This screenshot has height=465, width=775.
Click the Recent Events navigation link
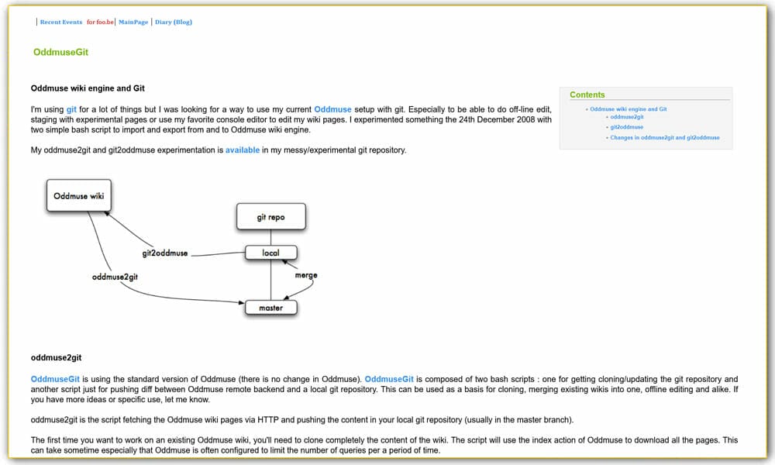coord(61,22)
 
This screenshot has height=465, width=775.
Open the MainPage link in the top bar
coord(133,22)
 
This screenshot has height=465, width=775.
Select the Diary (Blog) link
coord(174,22)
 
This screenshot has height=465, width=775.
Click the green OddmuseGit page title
coord(66,53)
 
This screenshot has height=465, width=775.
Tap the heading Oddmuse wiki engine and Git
coord(88,88)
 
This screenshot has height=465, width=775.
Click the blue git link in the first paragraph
coord(71,110)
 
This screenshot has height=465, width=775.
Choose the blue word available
coord(243,150)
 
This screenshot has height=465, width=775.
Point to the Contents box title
coord(587,95)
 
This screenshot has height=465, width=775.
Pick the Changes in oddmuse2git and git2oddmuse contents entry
coord(665,137)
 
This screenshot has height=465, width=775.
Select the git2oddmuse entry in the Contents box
coord(627,127)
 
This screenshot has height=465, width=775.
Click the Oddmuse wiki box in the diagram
coord(78,196)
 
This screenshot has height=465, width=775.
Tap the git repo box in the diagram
coord(270,217)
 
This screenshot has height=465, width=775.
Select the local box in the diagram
coord(270,253)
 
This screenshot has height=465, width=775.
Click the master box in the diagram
coord(270,308)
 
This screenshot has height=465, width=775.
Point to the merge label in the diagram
coord(306,275)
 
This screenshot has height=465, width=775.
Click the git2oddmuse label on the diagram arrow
coord(164,253)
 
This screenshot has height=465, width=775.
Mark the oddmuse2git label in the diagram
coord(115,277)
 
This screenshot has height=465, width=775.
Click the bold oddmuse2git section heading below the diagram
coord(57,358)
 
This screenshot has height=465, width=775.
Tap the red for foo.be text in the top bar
coord(100,22)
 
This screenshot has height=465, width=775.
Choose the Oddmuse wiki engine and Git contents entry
coord(629,109)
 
